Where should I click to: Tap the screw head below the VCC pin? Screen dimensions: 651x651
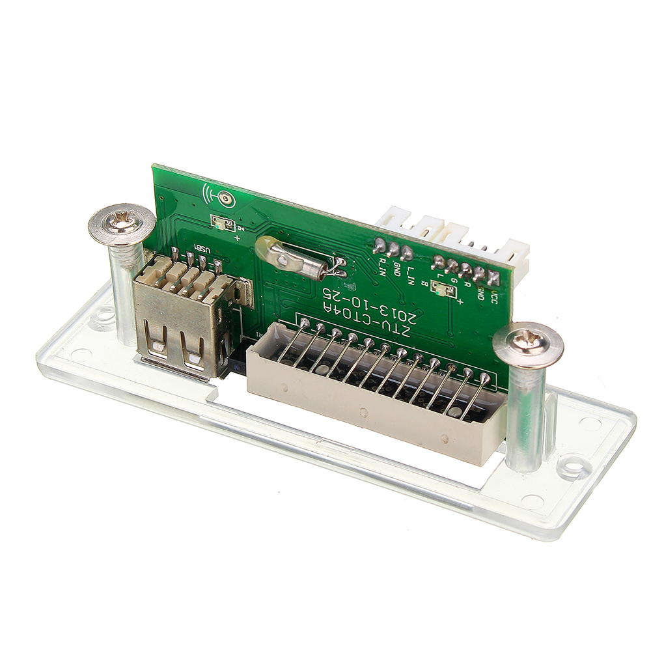click(x=528, y=343)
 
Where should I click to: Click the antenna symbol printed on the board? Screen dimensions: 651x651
click(x=219, y=196)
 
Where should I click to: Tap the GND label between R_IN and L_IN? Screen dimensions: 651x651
click(x=396, y=268)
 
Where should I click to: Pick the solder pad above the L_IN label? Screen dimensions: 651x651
click(x=406, y=252)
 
